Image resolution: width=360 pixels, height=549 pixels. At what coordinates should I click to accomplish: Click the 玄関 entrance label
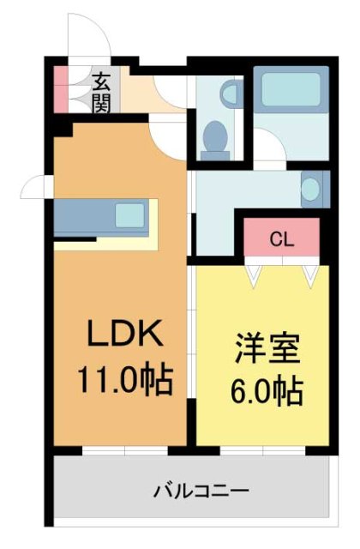102,93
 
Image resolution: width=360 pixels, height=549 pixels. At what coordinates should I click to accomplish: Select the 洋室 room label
267,351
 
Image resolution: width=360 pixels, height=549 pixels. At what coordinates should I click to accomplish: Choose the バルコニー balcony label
201,492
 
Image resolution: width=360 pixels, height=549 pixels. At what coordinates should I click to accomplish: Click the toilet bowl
215,136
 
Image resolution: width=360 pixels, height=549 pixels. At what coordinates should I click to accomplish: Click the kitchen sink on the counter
130,214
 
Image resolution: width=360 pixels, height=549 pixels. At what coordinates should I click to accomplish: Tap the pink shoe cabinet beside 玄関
61,89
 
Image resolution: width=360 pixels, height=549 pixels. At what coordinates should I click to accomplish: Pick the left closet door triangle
255,273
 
